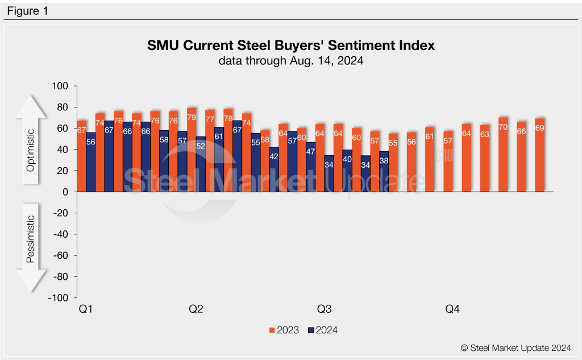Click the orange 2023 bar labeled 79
192,150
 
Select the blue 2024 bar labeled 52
201,164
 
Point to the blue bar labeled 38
384,172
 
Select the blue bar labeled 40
347,171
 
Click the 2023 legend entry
284,330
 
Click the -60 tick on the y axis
61,255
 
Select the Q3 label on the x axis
324,309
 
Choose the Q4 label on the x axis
452,309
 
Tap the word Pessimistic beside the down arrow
31,239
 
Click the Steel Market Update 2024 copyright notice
516,347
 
